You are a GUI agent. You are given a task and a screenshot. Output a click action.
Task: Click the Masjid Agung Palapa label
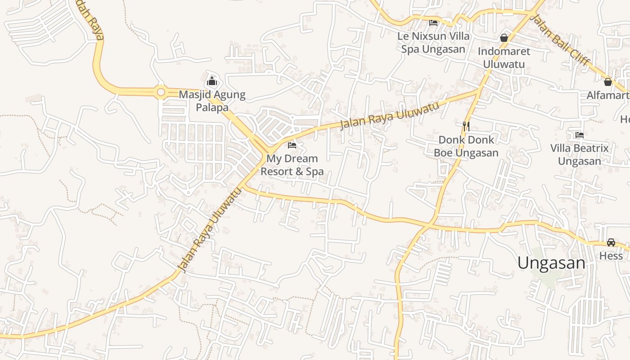212,101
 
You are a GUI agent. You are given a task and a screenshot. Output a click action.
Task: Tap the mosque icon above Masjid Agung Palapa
212,81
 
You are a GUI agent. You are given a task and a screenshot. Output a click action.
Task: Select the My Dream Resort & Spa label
292,165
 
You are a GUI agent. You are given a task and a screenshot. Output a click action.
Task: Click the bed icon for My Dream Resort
292,145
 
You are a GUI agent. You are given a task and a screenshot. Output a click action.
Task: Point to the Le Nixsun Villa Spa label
433,42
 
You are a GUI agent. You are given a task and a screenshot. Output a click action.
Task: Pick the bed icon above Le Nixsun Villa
433,22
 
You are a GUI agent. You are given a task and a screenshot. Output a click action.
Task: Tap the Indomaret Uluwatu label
504,58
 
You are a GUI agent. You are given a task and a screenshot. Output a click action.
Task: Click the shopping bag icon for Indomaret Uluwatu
504,38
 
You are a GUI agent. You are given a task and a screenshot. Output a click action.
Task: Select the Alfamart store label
607,95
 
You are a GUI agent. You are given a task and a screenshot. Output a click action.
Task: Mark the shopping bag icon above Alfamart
607,82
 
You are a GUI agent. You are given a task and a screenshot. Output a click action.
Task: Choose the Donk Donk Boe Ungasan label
466,146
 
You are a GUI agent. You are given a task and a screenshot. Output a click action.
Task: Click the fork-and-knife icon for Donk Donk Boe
466,126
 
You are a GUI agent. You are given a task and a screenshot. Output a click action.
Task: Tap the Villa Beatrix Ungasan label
580,154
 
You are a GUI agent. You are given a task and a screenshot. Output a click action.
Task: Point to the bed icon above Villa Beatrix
580,135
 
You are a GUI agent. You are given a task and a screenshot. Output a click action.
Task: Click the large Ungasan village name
551,263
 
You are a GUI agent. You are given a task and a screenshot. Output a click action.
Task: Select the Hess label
611,256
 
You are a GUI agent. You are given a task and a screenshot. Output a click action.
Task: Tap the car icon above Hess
611,243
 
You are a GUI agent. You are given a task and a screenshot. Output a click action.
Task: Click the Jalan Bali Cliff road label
560,40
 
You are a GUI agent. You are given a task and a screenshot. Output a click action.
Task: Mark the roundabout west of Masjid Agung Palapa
161,92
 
